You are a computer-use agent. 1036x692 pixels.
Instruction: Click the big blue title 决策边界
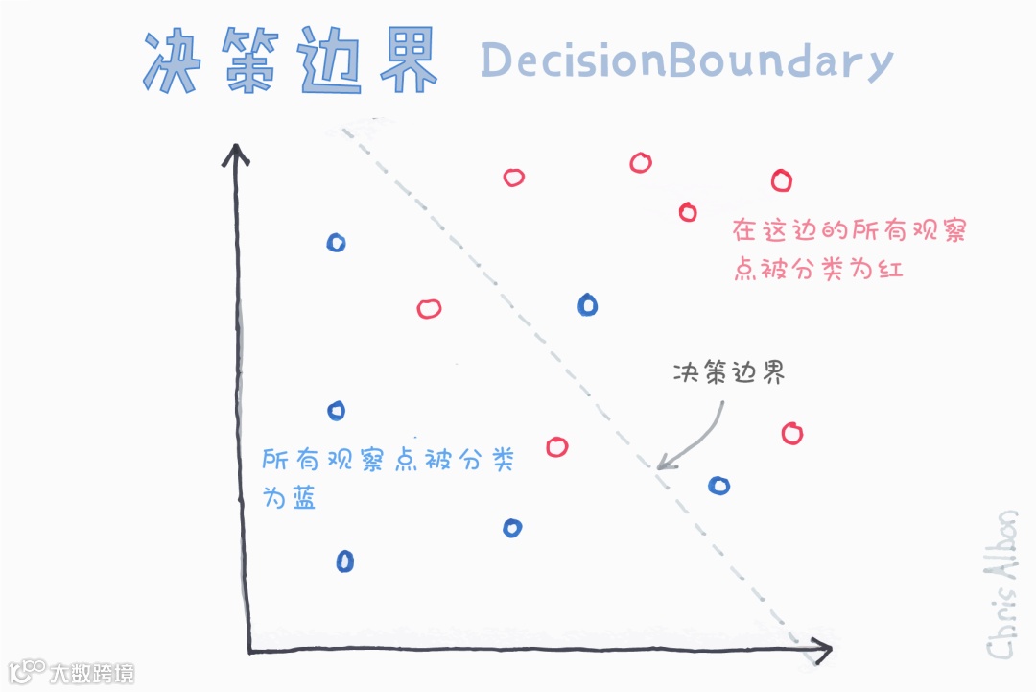coord(290,61)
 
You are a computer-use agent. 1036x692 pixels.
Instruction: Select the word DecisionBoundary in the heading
coord(686,61)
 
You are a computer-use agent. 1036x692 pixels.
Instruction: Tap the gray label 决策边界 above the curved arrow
coord(729,373)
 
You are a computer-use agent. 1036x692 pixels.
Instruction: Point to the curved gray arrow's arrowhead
coord(662,465)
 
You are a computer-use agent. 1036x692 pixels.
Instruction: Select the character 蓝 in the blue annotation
coord(304,498)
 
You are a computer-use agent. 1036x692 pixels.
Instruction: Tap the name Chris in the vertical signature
coord(1001,623)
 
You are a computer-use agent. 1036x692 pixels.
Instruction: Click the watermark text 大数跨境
coord(92,673)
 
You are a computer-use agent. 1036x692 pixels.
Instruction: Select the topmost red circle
coord(641,162)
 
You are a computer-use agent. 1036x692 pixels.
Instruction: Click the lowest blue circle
coord(345,561)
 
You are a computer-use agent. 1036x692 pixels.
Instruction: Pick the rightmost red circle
coord(791,434)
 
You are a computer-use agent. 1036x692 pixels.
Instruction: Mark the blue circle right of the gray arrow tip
coord(718,486)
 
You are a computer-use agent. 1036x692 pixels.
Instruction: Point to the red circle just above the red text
coord(687,212)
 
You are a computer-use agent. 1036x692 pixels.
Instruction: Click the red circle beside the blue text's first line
coord(556,447)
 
